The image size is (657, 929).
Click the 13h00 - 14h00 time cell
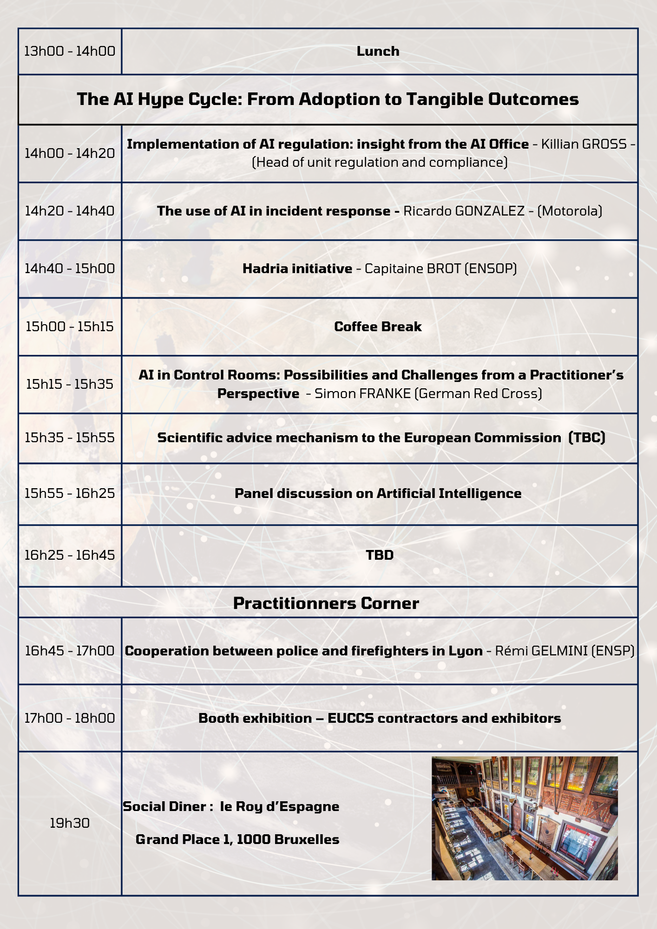click(70, 51)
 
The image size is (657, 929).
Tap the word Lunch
click(378, 51)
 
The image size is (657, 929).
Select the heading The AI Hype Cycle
click(328, 99)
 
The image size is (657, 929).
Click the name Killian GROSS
click(584, 144)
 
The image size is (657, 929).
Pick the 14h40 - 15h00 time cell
click(70, 268)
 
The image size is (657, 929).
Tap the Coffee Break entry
click(378, 327)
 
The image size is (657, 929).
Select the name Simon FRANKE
click(362, 393)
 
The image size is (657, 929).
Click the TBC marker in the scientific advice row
click(587, 438)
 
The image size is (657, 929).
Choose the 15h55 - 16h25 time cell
click(70, 493)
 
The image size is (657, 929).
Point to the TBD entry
click(380, 555)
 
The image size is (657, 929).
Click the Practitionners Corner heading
click(326, 603)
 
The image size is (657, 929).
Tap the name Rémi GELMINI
click(541, 651)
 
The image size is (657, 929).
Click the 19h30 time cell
click(70, 823)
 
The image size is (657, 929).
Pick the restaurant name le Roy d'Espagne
click(280, 806)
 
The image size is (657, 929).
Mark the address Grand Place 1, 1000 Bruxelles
click(237, 839)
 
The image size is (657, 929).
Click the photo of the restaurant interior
click(525, 818)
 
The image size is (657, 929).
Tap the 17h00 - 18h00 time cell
click(70, 718)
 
